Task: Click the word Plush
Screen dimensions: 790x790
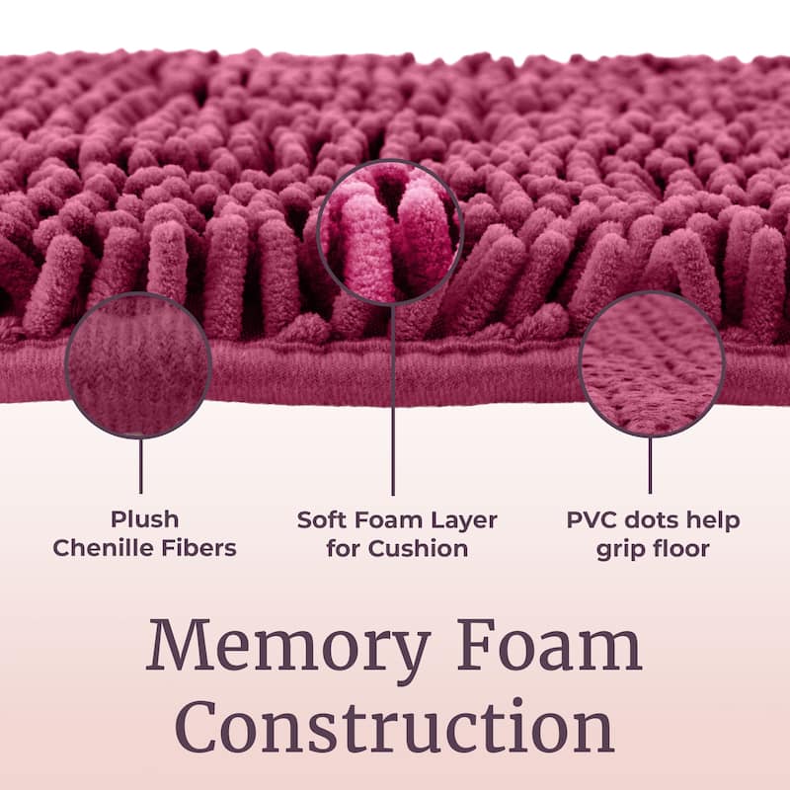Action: point(144,520)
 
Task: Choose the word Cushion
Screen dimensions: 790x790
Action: point(418,548)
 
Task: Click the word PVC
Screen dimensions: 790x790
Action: point(591,520)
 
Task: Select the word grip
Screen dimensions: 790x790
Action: point(620,549)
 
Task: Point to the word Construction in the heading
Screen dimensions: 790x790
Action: point(395,726)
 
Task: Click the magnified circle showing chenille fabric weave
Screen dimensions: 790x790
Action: point(138,365)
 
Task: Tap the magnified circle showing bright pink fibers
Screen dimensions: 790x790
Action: point(390,233)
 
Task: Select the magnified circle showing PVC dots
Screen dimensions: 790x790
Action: point(652,363)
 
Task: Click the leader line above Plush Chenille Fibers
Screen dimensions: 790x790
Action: point(140,465)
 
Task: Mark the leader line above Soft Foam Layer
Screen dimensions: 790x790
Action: point(393,401)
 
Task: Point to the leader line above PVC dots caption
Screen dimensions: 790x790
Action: point(650,465)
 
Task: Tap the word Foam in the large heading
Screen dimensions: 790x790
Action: point(550,646)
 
